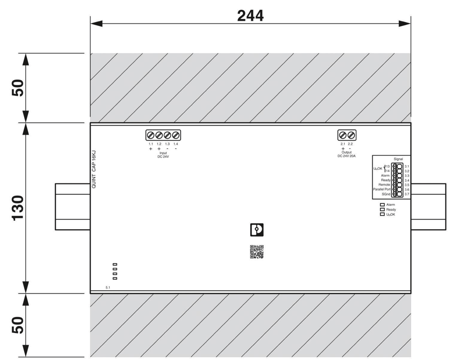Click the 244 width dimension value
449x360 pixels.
pos(250,16)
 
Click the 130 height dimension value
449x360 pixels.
pos(18,208)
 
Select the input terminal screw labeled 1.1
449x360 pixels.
pos(150,135)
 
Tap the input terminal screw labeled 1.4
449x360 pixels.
pos(176,135)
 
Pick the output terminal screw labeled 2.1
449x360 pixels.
pos(343,135)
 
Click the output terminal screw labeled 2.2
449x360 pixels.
pos(351,135)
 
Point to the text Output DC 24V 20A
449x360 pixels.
pos(347,154)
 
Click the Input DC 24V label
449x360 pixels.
pos(163,155)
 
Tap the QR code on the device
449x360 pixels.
pos(256,252)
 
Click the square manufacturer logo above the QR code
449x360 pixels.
pos(257,230)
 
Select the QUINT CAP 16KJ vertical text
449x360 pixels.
pos(94,169)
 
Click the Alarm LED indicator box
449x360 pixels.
pos(382,205)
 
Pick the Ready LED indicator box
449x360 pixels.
pos(382,210)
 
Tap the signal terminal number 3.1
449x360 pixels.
pos(407,166)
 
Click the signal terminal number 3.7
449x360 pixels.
pos(407,194)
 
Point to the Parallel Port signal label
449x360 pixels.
pos(382,189)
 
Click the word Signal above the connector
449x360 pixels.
pos(398,159)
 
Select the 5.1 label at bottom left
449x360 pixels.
pos(108,287)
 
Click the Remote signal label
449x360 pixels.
pos(384,185)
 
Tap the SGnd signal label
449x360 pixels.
pos(386,194)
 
